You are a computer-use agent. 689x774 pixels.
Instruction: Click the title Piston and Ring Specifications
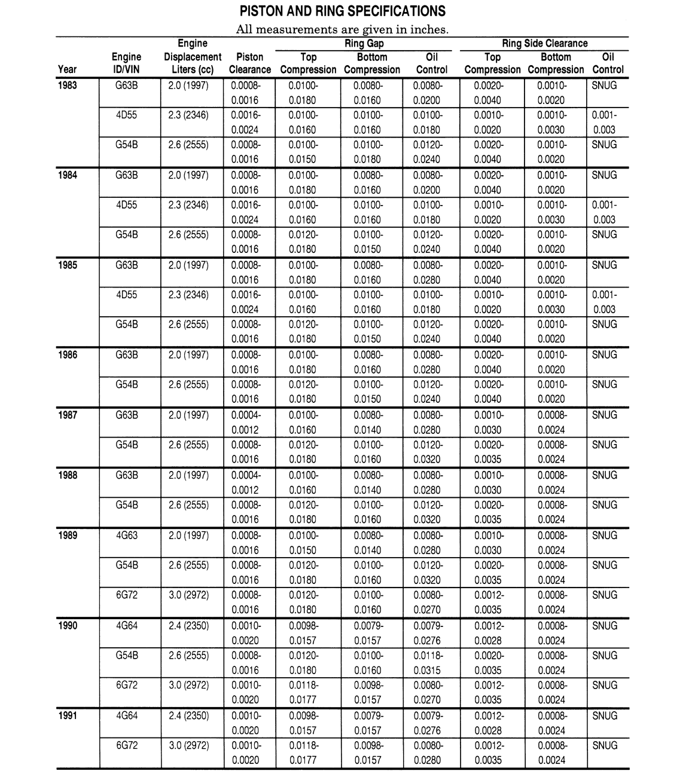tap(342, 11)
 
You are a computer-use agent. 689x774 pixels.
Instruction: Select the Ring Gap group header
tap(364, 43)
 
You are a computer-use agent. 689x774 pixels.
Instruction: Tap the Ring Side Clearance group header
tap(544, 43)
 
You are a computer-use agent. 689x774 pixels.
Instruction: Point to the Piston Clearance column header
tap(249, 63)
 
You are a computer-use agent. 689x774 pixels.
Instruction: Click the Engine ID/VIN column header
tap(127, 63)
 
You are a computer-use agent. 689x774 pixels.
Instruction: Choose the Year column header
tap(68, 69)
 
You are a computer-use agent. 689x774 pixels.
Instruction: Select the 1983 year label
tap(68, 85)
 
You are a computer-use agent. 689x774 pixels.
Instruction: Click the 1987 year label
tap(68, 415)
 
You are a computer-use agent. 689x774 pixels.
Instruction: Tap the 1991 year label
tap(68, 715)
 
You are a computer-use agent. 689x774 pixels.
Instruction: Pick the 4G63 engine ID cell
tap(127, 536)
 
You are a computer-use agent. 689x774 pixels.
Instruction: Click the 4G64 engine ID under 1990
tap(127, 626)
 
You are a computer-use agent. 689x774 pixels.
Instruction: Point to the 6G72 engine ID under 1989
tap(127, 595)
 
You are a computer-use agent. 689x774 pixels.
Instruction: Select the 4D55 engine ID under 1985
tap(127, 295)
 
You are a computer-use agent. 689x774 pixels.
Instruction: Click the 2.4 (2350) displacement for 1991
tap(189, 715)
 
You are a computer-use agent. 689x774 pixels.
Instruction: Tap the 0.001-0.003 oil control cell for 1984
tap(604, 212)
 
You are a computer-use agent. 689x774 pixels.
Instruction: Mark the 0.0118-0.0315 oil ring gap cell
tap(428, 663)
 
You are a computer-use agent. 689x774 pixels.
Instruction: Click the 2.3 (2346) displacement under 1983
tap(189, 115)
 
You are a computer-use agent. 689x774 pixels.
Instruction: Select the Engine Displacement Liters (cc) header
tap(193, 57)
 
